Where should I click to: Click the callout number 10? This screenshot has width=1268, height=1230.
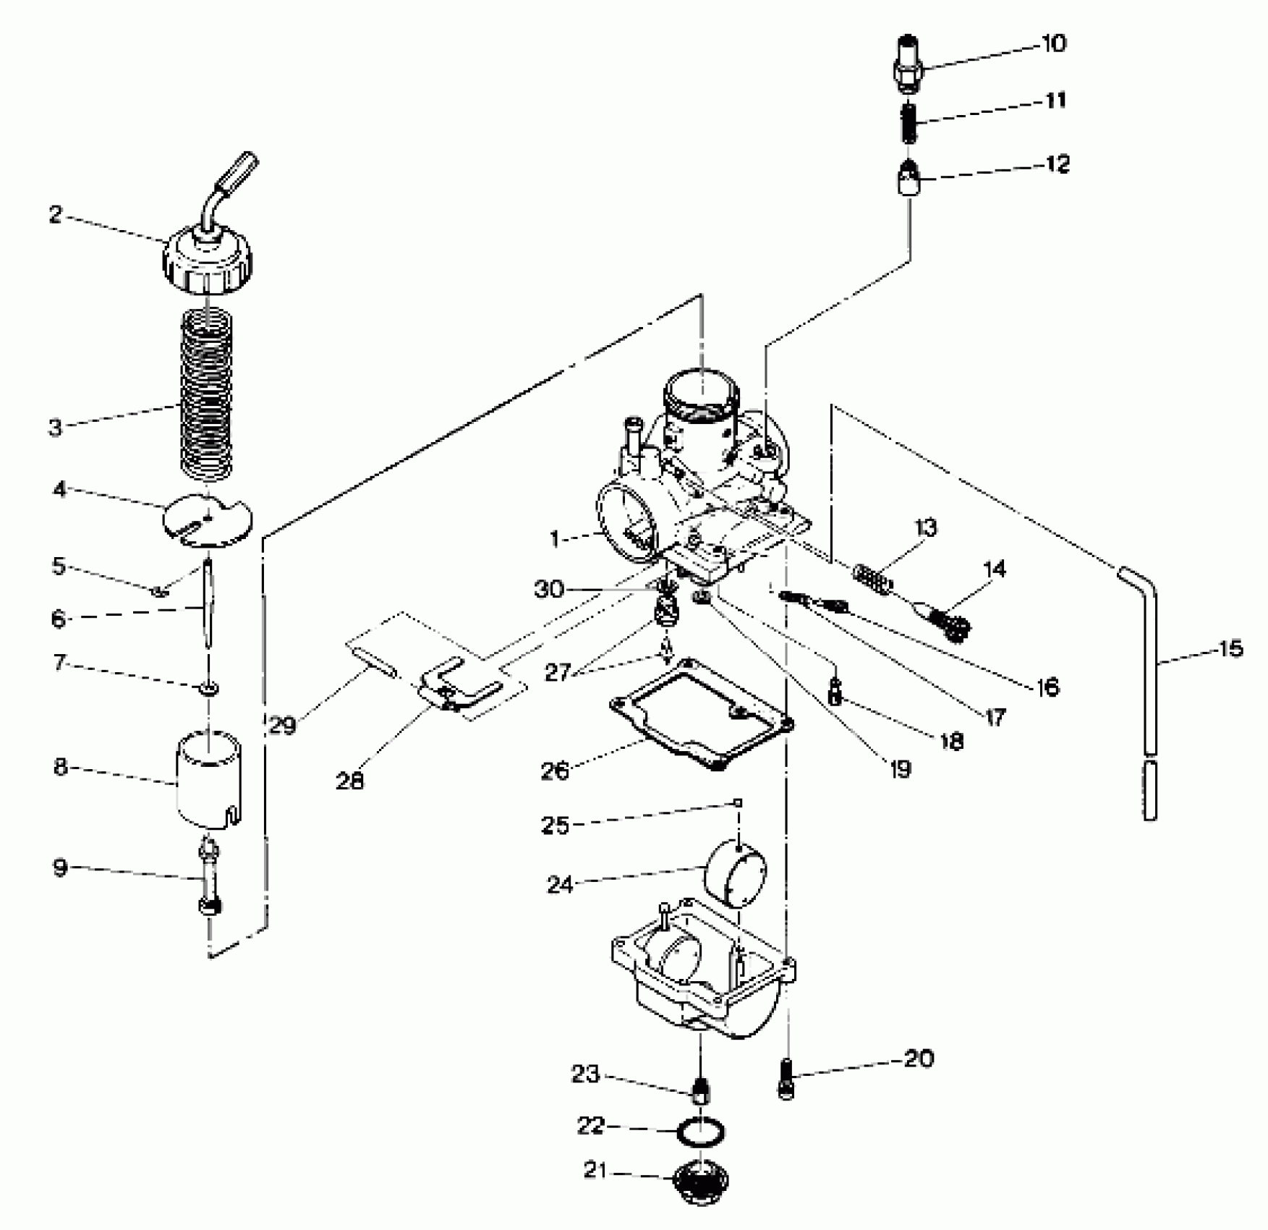pos(1054,43)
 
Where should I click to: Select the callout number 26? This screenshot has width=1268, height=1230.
pos(555,771)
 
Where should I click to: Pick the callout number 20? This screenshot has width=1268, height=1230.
pos(919,1059)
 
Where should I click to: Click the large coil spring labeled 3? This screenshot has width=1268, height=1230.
pos(208,394)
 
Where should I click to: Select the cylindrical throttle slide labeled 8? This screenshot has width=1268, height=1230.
pos(209,779)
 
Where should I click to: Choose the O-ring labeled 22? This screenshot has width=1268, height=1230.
pos(701,1132)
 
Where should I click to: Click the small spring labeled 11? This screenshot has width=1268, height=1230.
pos(909,124)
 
